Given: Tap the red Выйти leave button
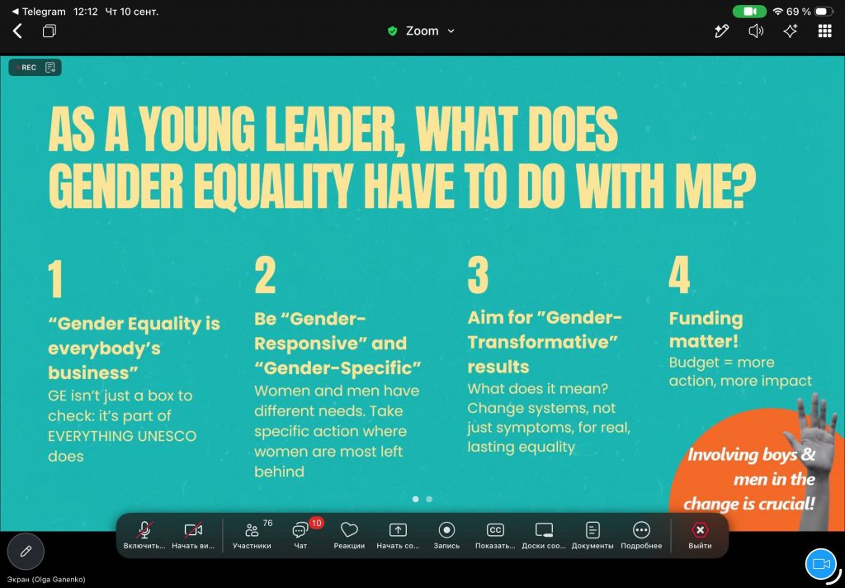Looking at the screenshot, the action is click(x=700, y=530).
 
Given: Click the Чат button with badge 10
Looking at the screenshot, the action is click(x=300, y=530).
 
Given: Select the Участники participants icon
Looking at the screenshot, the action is click(x=252, y=530).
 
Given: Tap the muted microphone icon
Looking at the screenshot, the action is click(x=144, y=530).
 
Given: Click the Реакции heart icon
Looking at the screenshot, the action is click(x=349, y=529).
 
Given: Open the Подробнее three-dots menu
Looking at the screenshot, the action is click(x=641, y=530).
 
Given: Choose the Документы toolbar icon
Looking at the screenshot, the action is click(x=592, y=530).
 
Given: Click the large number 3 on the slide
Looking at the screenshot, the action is click(x=478, y=275).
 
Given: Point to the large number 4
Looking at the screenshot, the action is click(x=679, y=275).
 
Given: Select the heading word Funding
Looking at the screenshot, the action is click(x=706, y=319).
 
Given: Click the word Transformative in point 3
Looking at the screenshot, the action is click(x=542, y=342).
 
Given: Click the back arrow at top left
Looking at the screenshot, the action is click(x=18, y=31).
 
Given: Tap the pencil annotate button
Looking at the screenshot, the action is click(x=26, y=552).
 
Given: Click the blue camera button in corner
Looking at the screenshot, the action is click(x=821, y=564).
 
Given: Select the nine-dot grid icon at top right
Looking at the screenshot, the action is click(x=824, y=31).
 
